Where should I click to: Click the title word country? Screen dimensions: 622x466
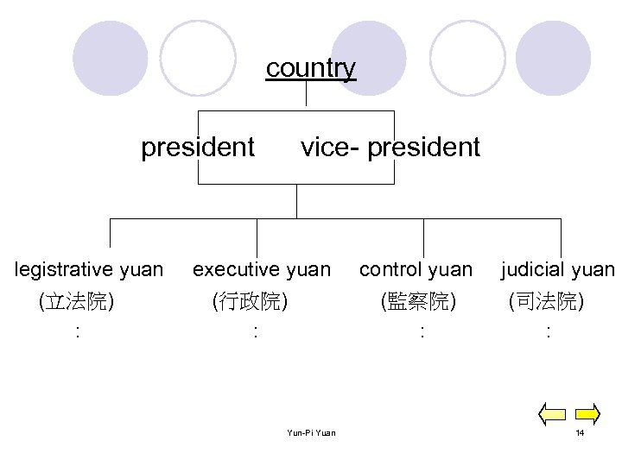310,67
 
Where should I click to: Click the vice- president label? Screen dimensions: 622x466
390,148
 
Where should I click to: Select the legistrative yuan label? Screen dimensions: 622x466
89,270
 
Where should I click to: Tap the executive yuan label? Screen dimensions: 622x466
261,270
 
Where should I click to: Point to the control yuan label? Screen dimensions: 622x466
416,270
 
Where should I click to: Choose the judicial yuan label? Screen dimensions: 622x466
558,270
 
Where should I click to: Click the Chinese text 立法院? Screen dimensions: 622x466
79,301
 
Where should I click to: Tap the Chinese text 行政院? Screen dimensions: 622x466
251,301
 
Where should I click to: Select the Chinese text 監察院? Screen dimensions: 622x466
418,301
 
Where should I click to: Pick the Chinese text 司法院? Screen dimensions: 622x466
546,301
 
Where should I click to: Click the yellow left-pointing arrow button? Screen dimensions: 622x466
552,414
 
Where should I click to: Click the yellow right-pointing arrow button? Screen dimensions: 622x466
587,414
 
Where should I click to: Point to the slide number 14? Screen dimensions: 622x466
581,432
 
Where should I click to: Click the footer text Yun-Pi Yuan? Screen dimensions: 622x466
311,432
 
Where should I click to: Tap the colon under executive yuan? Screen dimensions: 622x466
254,331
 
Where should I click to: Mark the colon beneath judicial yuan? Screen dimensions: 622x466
548,331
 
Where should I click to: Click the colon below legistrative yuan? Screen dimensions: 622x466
78,331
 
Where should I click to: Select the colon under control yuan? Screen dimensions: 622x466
420,331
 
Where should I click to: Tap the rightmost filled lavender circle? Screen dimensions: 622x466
552,57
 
